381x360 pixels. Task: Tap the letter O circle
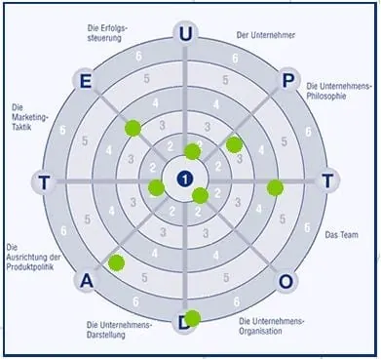click(x=286, y=281)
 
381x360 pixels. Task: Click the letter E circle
click(x=85, y=80)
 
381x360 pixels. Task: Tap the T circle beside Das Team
click(x=328, y=180)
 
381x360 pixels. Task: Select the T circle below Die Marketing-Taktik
click(x=43, y=180)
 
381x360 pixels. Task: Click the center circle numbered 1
click(x=184, y=180)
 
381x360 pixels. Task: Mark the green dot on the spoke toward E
click(x=133, y=127)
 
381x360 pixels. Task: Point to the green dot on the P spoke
click(x=234, y=143)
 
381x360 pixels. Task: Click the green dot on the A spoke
click(x=117, y=261)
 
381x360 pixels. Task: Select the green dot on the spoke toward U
click(x=192, y=151)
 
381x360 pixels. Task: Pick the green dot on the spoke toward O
click(x=200, y=195)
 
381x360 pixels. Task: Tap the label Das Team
click(x=342, y=235)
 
